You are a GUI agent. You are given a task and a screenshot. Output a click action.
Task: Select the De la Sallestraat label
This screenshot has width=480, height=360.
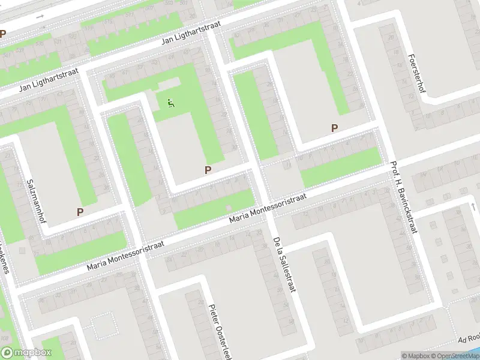pyautogui.click(x=285, y=265)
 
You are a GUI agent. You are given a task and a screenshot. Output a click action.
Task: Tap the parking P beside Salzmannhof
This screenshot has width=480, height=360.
pyautogui.click(x=80, y=211)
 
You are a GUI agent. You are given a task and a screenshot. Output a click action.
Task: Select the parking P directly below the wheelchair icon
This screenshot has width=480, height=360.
pyautogui.click(x=208, y=170)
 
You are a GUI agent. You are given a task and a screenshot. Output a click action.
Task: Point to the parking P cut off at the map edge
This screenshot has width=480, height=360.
pyautogui.click(x=2, y=34)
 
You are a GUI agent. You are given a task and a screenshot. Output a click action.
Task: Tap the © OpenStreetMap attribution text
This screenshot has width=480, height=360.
pyautogui.click(x=455, y=356)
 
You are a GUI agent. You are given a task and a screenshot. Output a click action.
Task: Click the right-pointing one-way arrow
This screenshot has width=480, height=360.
pyautogui.click(x=40, y=16)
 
